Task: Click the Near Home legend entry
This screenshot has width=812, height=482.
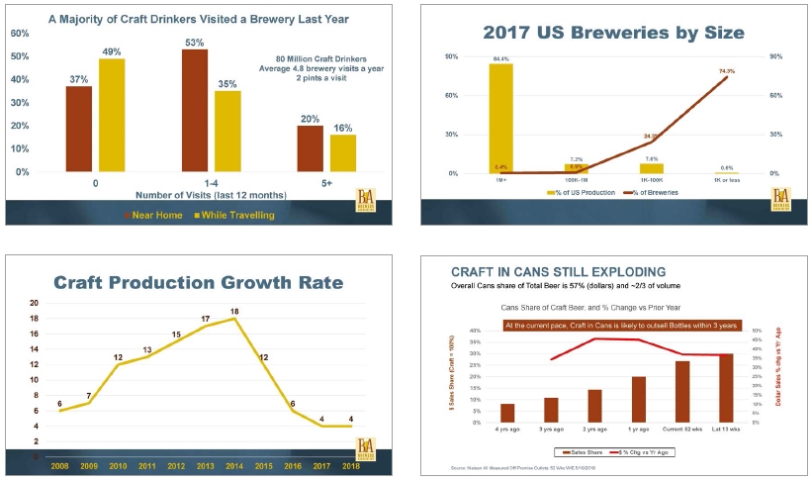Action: click(x=156, y=214)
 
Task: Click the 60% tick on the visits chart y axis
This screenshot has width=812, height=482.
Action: click(x=20, y=33)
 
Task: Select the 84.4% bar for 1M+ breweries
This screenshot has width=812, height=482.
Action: click(x=500, y=119)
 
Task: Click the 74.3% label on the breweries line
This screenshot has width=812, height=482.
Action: click(x=727, y=70)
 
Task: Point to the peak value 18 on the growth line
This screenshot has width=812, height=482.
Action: click(x=235, y=311)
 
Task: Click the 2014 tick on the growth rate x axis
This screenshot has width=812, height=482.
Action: click(x=234, y=465)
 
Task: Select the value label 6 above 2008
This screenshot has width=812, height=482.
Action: click(x=60, y=403)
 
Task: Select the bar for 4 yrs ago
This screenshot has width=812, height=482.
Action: click(x=507, y=413)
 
